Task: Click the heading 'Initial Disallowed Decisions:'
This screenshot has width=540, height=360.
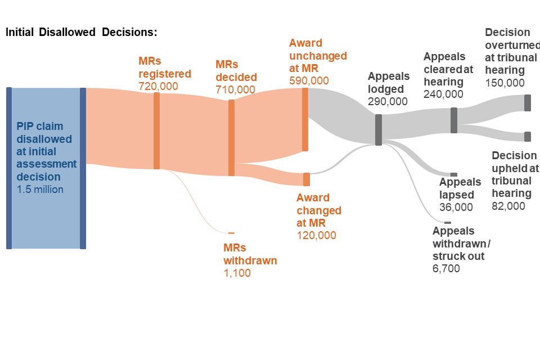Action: tap(81, 32)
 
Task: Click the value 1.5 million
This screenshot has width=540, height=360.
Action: tap(40, 190)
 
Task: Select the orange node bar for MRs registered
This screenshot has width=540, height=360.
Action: tap(156, 130)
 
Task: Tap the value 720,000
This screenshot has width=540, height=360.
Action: tap(158, 87)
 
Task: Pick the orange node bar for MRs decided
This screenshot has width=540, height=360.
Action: tap(231, 138)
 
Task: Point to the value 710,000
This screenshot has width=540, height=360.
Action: tap(235, 89)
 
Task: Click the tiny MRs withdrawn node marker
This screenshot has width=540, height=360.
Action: tap(231, 232)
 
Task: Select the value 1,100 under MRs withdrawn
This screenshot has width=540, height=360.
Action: tap(237, 273)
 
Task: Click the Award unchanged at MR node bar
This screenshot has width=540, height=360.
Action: tap(305, 119)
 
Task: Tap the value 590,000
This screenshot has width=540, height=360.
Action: tap(309, 80)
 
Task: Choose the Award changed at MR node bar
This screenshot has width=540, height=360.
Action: tap(307, 179)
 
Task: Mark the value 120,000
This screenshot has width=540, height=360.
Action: tap(316, 235)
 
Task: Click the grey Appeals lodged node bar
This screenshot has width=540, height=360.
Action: tap(379, 130)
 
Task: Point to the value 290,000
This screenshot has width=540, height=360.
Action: tap(388, 102)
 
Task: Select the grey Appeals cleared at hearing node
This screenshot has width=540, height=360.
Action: tap(454, 120)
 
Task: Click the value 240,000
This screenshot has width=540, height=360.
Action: tap(443, 94)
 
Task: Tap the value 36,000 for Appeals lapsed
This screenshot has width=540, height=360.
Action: tap(456, 207)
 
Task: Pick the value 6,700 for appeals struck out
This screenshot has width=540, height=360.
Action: tap(446, 269)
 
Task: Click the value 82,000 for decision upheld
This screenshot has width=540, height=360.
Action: tap(508, 206)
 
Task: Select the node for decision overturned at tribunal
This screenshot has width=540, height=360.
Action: tap(528, 103)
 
